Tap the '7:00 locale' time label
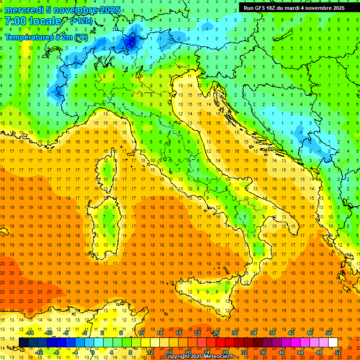coord(33,21)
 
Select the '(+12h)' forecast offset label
coord(81,21)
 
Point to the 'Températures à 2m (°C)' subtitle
coord(46,37)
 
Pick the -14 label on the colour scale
coord(30,333)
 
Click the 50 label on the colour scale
coord(329,333)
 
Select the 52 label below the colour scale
coord(338,352)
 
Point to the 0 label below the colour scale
coord(93,352)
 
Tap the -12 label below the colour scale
coord(39,352)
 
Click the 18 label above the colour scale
coord(179,333)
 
